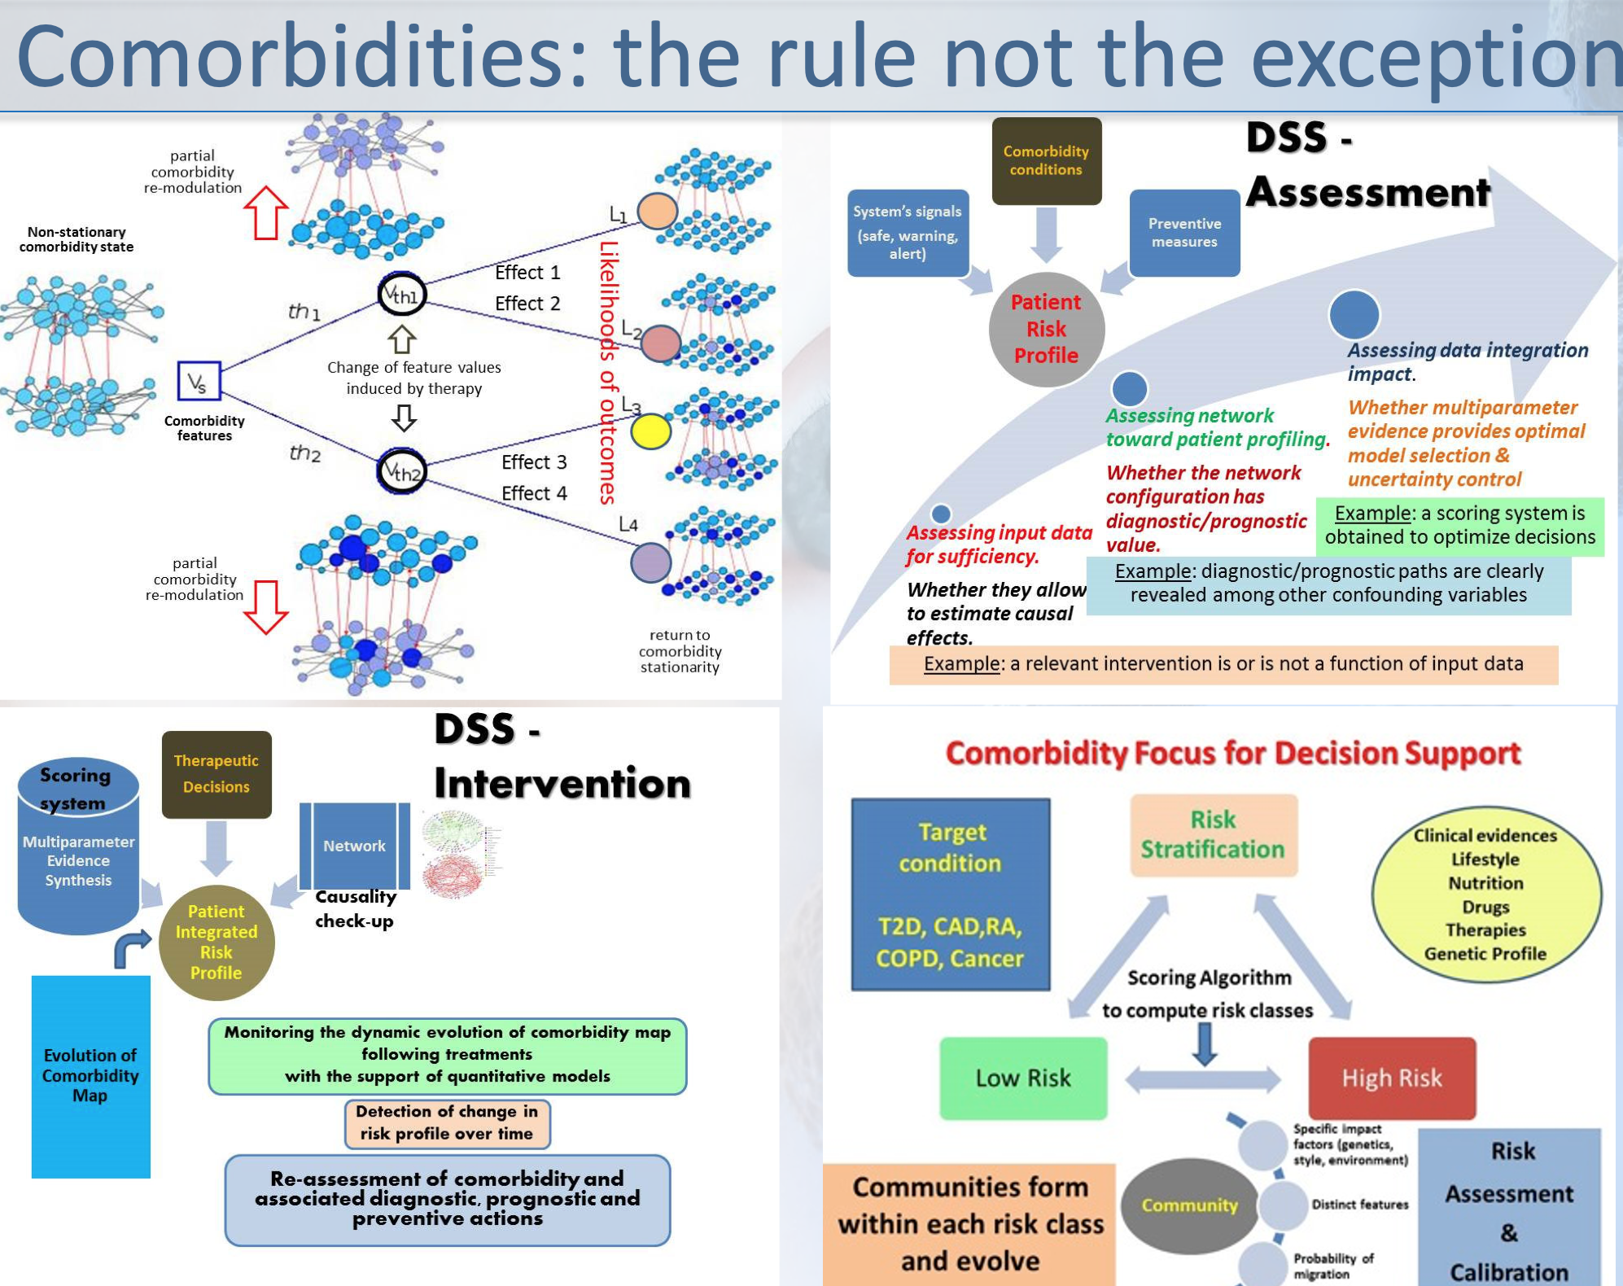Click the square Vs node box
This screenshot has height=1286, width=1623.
199,381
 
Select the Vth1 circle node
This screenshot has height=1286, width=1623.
401,294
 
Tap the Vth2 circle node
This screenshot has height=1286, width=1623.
401,470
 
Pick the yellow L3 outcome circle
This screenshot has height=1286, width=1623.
650,431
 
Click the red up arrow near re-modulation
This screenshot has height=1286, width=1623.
265,212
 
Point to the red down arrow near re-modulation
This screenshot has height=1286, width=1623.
265,606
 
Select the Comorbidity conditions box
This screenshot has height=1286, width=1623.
1046,160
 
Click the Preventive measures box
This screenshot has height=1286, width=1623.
1184,233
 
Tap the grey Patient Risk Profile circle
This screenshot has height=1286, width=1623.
1046,329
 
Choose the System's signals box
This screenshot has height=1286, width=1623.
908,233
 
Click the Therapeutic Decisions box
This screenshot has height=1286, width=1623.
216,774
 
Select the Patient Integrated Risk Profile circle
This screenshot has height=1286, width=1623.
217,942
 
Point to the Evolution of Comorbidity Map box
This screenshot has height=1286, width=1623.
90,1075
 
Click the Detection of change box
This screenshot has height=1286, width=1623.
447,1123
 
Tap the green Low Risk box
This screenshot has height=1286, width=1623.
1023,1078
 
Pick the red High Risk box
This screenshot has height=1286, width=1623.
1392,1078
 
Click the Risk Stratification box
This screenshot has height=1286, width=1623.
1213,835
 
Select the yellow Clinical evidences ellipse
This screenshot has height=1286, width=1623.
1485,895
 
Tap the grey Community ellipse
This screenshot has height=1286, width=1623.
1189,1205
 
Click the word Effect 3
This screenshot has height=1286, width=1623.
534,462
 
